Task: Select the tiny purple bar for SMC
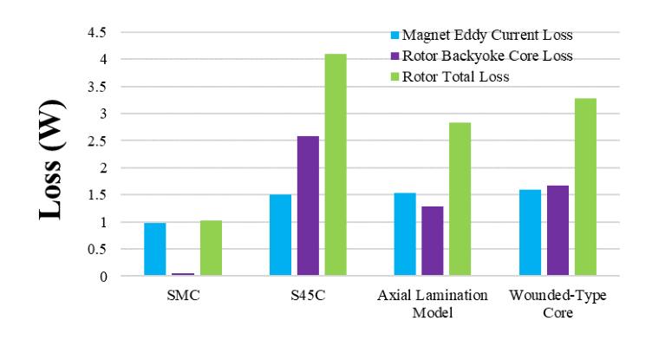coord(183,274)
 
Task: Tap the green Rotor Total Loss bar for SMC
coord(211,249)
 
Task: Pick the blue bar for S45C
coord(280,236)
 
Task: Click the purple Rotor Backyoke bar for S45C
coord(308,206)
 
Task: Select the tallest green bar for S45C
coord(336,165)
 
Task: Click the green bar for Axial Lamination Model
coord(460,200)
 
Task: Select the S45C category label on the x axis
coord(308,296)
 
